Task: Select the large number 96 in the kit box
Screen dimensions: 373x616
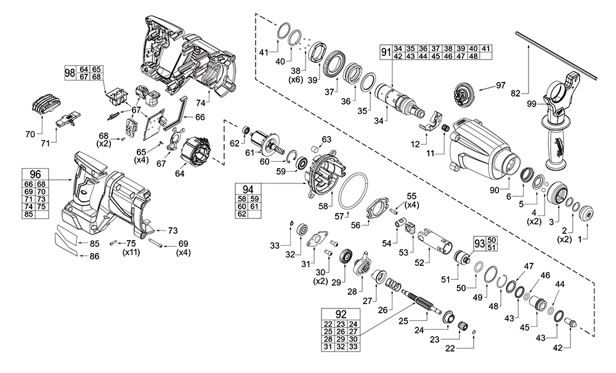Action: point(34,174)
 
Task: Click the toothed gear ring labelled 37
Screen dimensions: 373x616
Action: point(338,63)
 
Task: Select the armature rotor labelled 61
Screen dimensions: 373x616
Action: point(270,143)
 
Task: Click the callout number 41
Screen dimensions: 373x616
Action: point(264,52)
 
